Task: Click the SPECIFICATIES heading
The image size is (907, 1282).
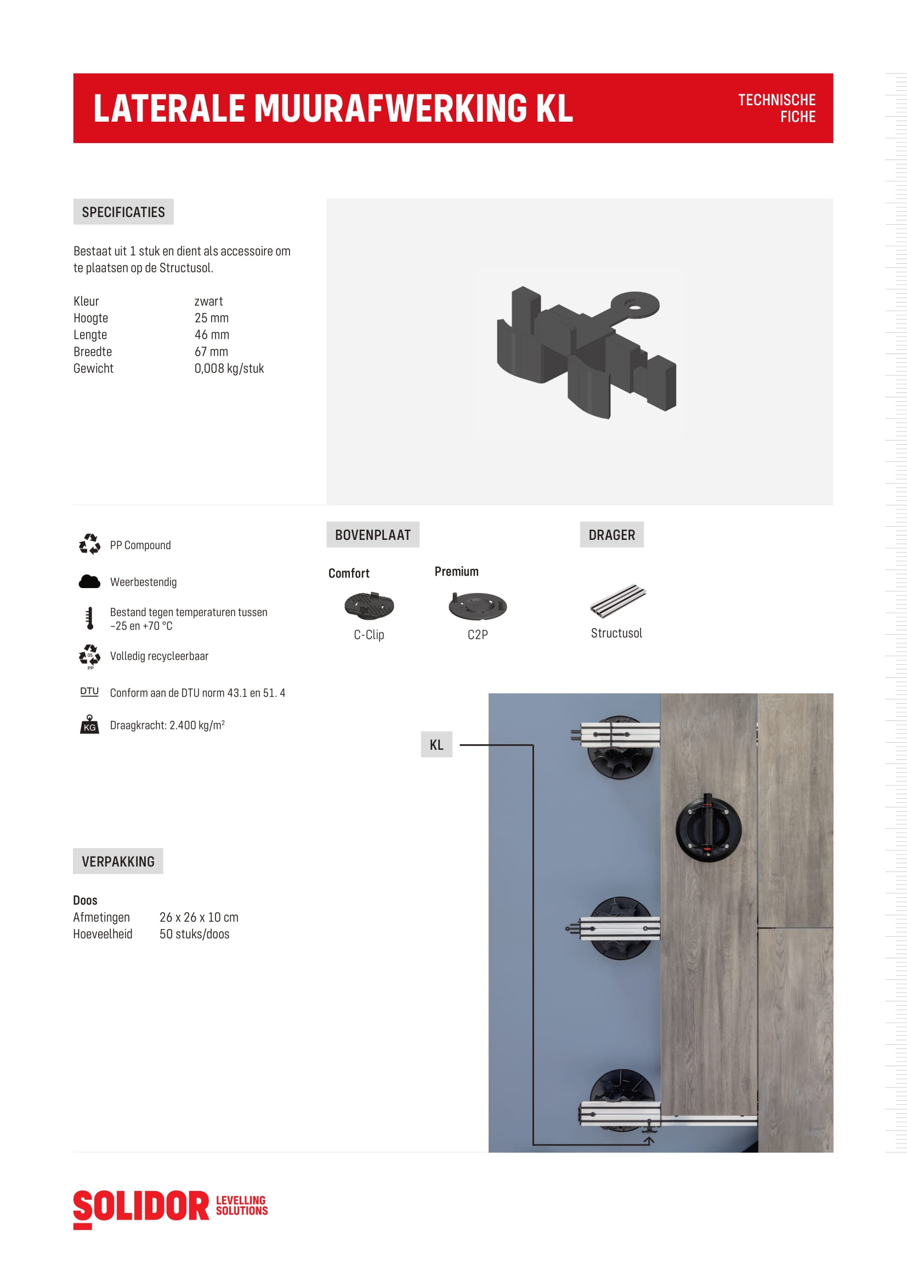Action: point(123,212)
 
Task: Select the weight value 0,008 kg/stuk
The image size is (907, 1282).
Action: point(229,368)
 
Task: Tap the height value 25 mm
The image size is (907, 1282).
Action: point(211,318)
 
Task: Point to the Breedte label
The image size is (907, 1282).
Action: point(93,352)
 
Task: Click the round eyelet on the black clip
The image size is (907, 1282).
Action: point(635,305)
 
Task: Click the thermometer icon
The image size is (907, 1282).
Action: point(89,618)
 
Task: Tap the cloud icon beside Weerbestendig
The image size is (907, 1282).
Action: point(89,582)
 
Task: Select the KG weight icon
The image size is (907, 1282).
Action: point(89,724)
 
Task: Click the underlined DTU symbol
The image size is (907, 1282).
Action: point(89,692)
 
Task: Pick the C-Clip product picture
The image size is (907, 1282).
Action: point(369,606)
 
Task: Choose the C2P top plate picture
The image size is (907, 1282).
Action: point(478,606)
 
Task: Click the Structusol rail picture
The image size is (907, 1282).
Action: point(617,601)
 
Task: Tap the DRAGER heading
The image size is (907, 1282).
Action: point(611,535)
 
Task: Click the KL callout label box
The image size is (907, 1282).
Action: point(436,745)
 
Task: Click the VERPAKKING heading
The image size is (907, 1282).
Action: point(118,862)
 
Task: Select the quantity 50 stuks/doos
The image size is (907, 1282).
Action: point(194,934)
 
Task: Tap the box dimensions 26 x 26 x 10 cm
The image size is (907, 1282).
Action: point(199,918)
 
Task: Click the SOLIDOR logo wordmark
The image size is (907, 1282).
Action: point(141,1206)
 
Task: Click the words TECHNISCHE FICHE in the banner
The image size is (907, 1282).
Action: point(776,109)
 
